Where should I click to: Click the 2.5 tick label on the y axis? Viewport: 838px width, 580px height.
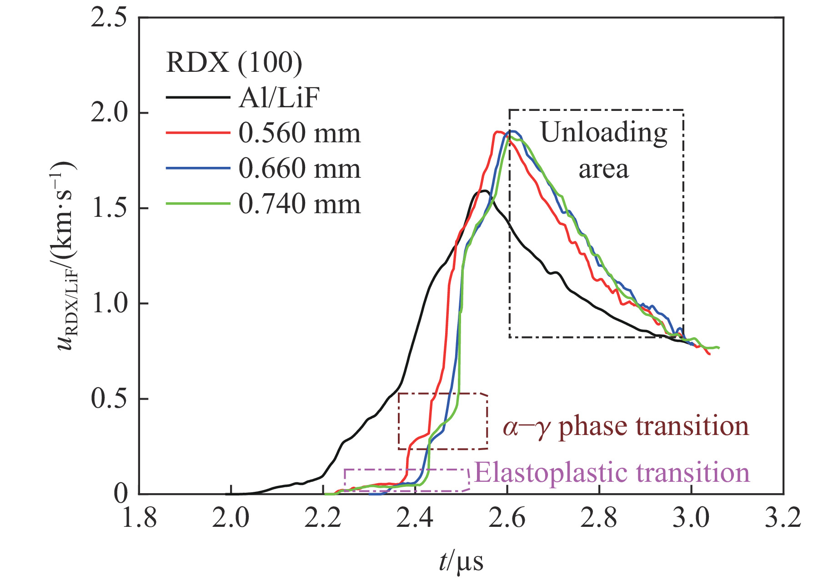(109, 18)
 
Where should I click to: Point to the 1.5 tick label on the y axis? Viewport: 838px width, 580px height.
(109, 208)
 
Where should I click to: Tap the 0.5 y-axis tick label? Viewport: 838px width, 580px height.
(109, 399)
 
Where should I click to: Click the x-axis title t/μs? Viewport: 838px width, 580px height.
(461, 561)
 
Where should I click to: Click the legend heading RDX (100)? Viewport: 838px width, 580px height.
(234, 62)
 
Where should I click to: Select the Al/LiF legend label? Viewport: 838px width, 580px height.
(279, 97)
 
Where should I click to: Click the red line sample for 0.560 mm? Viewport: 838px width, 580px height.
(198, 133)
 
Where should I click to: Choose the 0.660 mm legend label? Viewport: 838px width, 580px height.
(299, 169)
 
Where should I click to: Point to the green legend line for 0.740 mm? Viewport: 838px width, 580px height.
(198, 204)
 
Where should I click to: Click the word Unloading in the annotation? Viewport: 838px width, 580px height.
(603, 133)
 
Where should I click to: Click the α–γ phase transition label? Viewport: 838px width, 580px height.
(626, 427)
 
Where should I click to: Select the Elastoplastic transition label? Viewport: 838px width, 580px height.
(612, 473)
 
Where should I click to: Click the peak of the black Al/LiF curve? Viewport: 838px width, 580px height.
(484, 191)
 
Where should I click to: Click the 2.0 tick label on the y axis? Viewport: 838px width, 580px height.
(109, 113)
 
